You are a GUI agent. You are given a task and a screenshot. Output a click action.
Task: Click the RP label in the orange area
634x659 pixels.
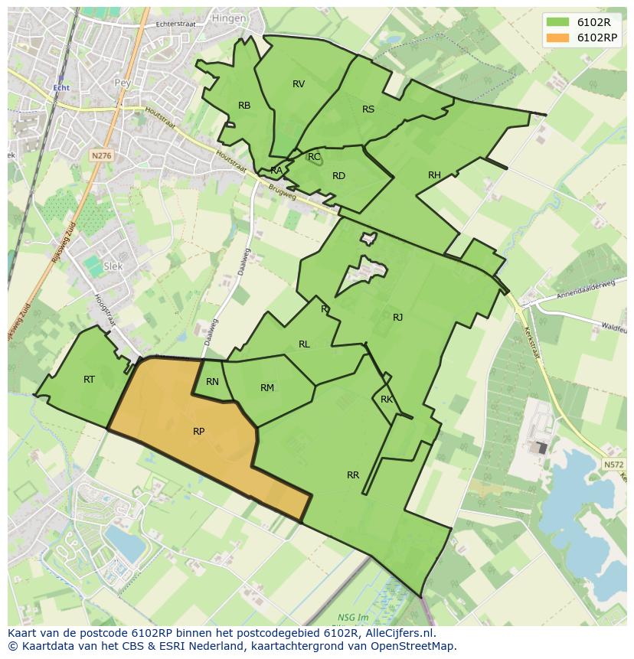coord(198,432)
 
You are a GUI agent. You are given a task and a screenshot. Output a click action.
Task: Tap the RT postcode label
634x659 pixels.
coord(89,379)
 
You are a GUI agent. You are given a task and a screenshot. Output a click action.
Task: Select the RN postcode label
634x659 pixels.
coord(212,382)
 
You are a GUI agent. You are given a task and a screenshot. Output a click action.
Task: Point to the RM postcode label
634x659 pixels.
coord(266,388)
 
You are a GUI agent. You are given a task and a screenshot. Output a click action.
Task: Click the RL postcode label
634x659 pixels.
coord(304,344)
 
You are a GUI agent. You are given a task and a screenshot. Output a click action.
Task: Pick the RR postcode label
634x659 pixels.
coord(352,475)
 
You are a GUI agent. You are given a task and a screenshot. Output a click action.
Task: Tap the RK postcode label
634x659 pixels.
coord(387,400)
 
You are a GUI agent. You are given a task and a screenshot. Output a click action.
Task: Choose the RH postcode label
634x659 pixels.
coord(434,175)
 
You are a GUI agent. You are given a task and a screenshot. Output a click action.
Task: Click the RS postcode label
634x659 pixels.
coord(368,109)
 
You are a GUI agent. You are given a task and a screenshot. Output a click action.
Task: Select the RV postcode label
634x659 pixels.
coord(299,84)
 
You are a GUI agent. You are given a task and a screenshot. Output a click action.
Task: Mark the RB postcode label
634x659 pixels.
coord(244,106)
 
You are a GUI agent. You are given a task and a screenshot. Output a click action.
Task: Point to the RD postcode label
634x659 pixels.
coord(338,176)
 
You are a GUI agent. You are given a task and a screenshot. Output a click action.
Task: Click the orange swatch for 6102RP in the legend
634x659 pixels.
coord(557,38)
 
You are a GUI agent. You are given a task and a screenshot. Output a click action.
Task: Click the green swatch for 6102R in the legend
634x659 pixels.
coord(557,22)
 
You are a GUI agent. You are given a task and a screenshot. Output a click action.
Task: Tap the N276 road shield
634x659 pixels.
coord(100,155)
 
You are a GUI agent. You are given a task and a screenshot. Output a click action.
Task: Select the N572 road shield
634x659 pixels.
coord(613,465)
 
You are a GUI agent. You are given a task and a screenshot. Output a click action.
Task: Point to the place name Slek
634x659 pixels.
coord(113,266)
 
